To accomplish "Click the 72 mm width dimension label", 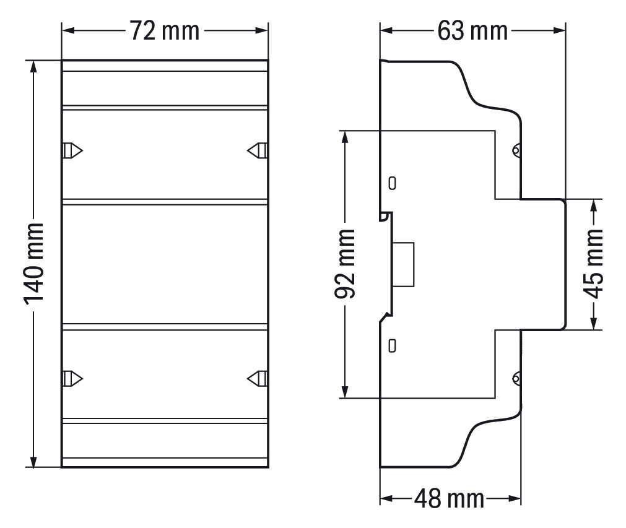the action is click(165, 31).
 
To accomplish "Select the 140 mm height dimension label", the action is click(33, 264).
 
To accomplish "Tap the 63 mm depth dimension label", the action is click(472, 31).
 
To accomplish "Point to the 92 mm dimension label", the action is click(345, 264).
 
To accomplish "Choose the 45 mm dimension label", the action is click(593, 264).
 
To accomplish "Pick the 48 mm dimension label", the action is click(449, 498).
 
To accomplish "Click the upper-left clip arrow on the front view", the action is click(73, 150).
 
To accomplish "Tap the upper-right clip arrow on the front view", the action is click(257, 150).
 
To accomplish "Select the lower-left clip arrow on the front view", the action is click(73, 378).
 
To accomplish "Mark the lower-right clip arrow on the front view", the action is click(257, 378).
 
